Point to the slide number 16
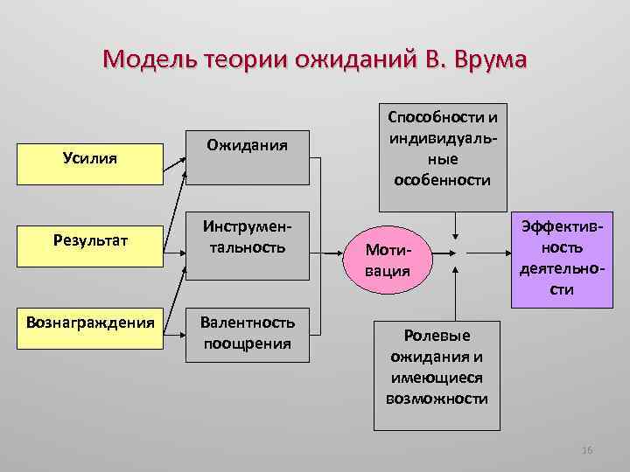pyautogui.click(x=587, y=449)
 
